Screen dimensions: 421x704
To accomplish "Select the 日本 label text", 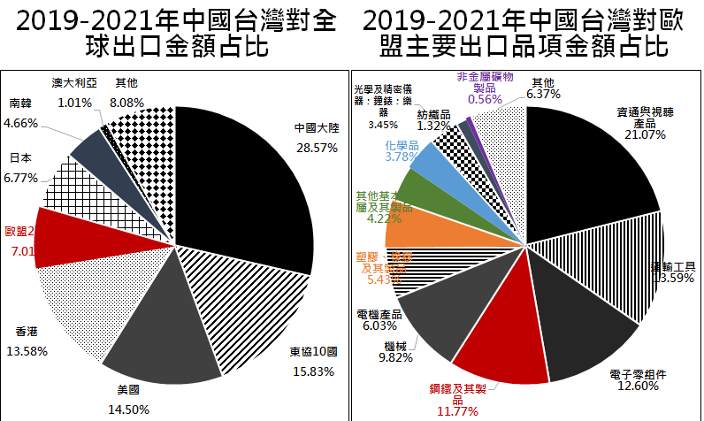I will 21,159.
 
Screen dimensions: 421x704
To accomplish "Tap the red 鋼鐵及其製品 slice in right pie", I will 491,345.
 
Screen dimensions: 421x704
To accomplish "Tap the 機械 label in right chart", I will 397,346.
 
